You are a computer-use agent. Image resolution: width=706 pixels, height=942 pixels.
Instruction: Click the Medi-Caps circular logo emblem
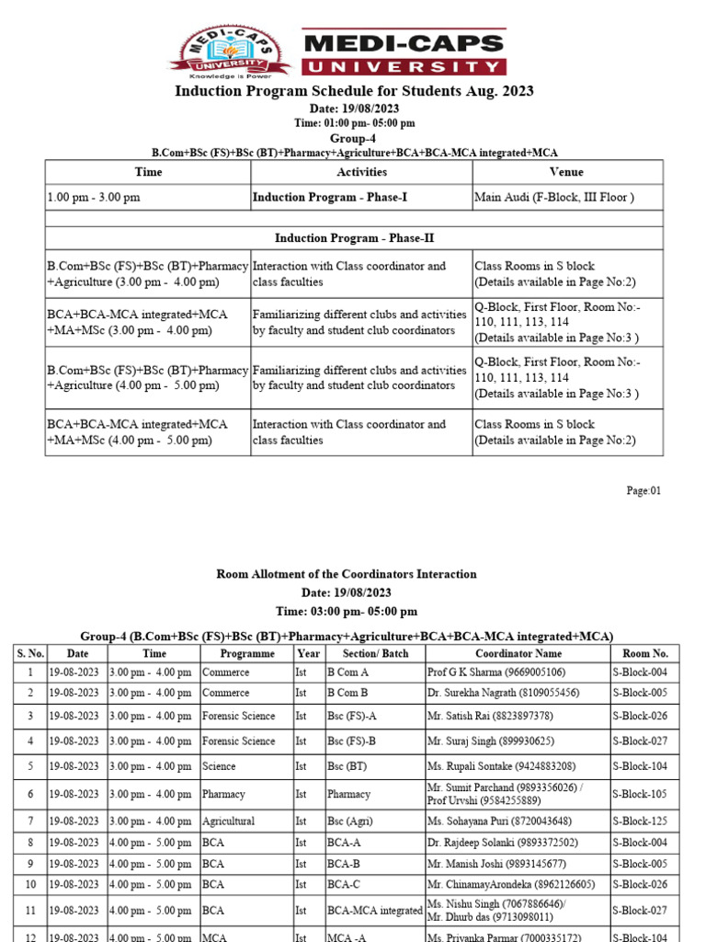click(229, 52)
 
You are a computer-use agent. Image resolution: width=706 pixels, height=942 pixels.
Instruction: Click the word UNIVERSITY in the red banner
click(404, 66)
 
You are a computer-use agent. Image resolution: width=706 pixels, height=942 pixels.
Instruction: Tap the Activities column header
click(361, 172)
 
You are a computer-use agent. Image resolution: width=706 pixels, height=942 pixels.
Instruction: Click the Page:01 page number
click(643, 491)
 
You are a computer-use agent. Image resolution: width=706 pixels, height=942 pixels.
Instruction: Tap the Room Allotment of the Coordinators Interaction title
click(347, 574)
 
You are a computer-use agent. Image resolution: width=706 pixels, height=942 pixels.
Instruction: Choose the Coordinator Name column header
click(517, 653)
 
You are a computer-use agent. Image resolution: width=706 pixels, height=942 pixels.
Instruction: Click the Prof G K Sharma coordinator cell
click(495, 672)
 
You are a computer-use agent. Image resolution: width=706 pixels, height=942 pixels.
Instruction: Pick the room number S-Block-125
click(640, 821)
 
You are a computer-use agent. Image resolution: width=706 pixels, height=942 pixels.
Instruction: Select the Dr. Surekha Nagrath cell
click(503, 692)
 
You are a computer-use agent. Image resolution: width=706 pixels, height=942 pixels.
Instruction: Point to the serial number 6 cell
click(29, 794)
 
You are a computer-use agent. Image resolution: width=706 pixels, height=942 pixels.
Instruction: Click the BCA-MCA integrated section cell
click(374, 911)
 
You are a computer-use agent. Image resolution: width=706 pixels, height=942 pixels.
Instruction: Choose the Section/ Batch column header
click(374, 653)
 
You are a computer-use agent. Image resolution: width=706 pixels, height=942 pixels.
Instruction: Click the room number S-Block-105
click(640, 794)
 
